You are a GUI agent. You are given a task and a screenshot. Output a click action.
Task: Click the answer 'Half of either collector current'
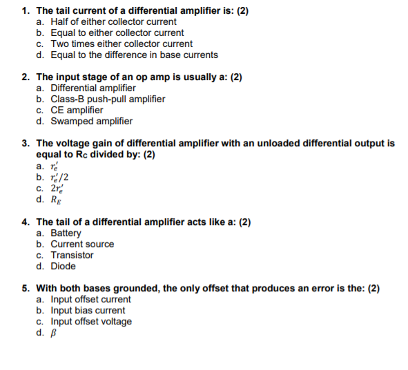[x=104, y=21]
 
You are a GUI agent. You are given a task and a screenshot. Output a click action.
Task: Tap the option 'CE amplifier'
[x=77, y=110]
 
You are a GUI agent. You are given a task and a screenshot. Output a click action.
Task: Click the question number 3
[x=26, y=144]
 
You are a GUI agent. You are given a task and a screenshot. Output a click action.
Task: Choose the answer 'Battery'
[x=66, y=233]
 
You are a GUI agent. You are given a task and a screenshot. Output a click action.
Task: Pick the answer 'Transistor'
[x=72, y=255]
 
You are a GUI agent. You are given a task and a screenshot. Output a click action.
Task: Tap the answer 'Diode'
[x=63, y=266]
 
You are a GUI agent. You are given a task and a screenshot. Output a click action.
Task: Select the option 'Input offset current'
[x=90, y=299]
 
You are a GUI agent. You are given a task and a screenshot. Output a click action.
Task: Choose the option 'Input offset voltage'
[x=91, y=321]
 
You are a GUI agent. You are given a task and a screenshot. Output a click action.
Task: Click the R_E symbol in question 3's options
[x=56, y=200]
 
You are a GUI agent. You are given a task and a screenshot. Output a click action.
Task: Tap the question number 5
[x=26, y=288]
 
